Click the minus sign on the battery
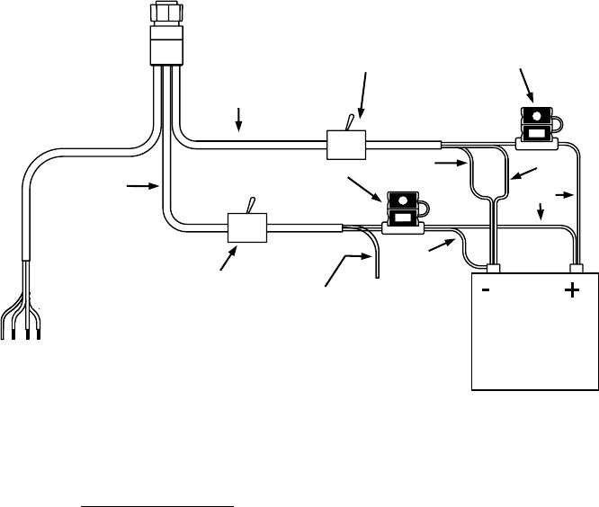pyautogui.click(x=486, y=291)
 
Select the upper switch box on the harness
pyautogui.click(x=342, y=143)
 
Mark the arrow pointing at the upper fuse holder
pyautogui.click(x=527, y=85)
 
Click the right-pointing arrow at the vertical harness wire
pyautogui.click(x=140, y=186)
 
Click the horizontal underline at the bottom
pyautogui.click(x=157, y=480)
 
